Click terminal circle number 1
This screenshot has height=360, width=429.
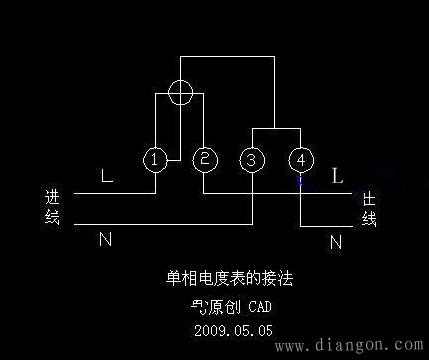154,159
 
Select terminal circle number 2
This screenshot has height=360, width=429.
204,159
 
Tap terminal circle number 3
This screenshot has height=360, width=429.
253,159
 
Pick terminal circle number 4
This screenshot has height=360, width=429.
300,159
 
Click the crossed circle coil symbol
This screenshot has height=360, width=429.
180,92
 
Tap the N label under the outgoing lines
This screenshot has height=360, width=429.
336,240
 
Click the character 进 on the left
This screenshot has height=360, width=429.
53,198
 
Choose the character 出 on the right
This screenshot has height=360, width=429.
370,199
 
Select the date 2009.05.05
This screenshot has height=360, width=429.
234,329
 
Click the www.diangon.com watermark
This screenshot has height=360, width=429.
348,346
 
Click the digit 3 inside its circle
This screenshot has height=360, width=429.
253,159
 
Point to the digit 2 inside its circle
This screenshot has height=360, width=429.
204,159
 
